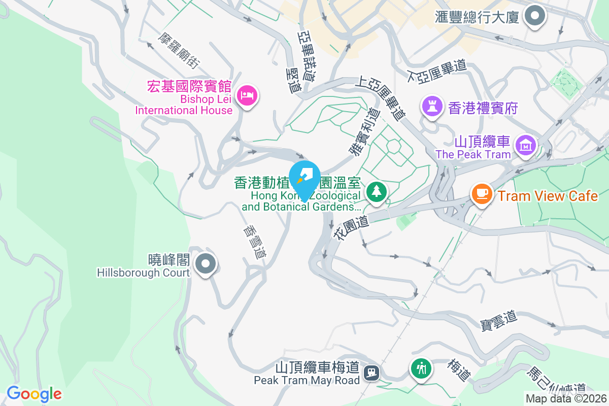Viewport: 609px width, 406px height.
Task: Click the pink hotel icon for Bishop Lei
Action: pos(247,94)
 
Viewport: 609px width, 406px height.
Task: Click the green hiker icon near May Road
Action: pos(421,367)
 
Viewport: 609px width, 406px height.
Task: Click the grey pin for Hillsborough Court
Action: pos(206,264)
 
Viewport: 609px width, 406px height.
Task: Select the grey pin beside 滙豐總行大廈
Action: pos(534,16)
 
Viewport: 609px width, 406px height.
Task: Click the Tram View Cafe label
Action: pos(548,196)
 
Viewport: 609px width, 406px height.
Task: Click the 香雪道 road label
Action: pos(254,243)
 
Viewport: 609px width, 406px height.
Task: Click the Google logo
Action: pos(34,393)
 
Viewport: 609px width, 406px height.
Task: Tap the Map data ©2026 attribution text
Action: pos(565,399)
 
